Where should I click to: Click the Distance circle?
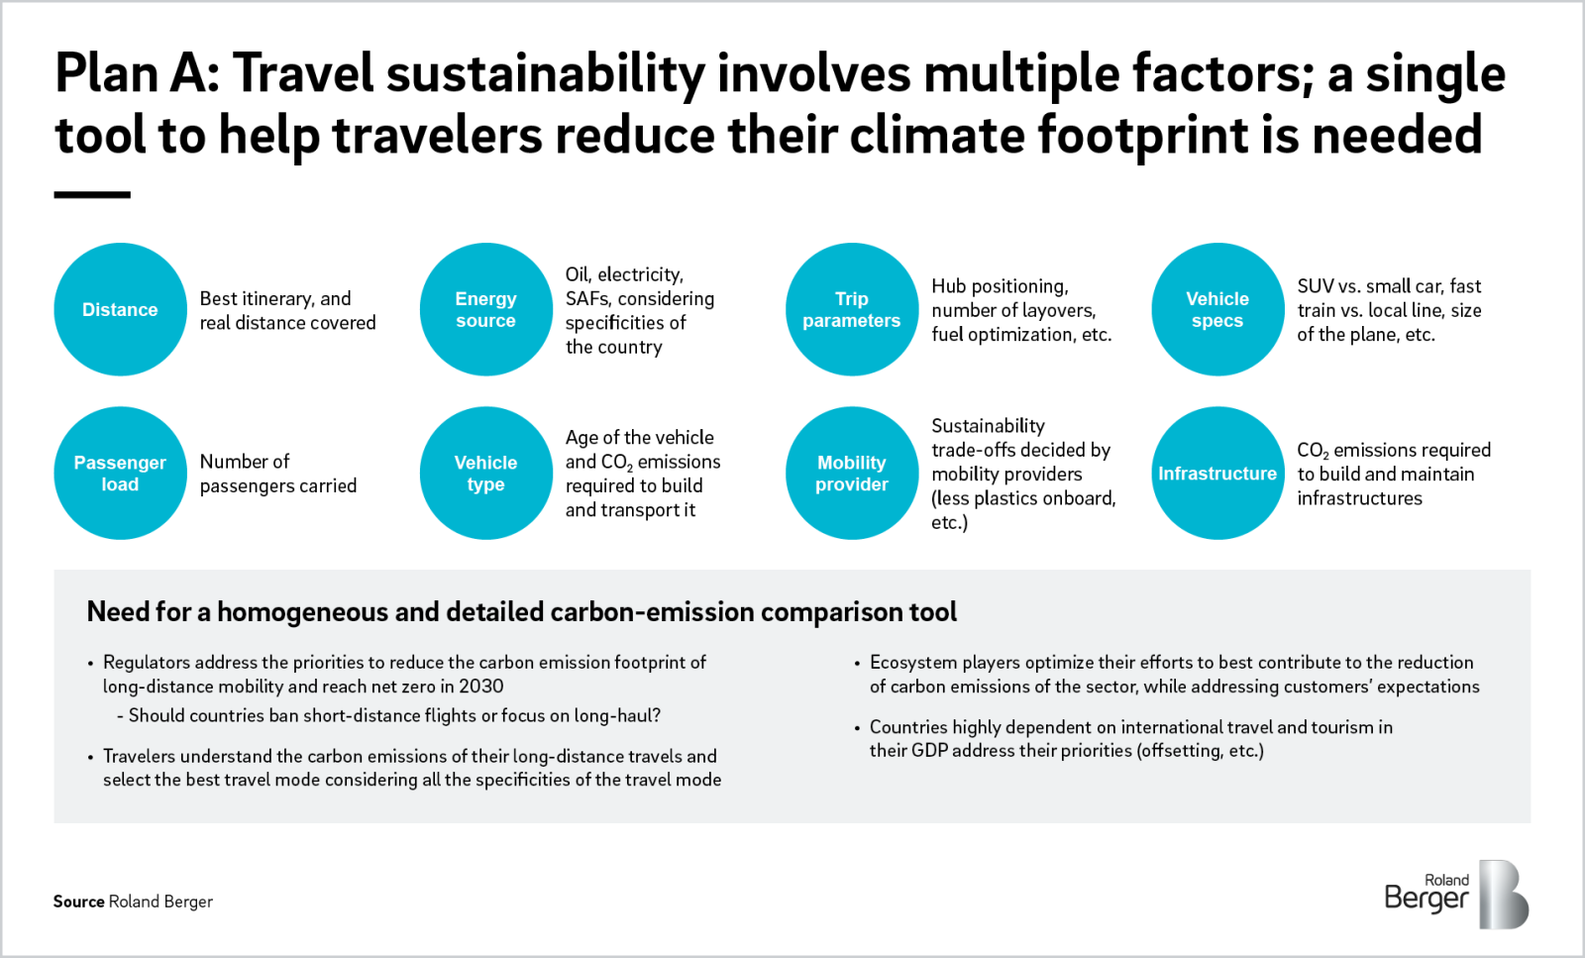(x=120, y=309)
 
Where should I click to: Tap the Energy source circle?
(x=485, y=309)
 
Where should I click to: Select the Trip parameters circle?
(x=851, y=309)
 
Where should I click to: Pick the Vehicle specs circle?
(x=1217, y=309)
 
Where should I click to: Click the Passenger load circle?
(x=120, y=473)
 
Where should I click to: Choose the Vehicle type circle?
(x=485, y=473)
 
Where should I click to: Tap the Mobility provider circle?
(x=851, y=473)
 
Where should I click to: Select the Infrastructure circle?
(x=1217, y=473)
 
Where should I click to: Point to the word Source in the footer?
(x=78, y=902)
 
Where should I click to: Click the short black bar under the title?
(x=92, y=195)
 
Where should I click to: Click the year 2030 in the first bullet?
(x=480, y=687)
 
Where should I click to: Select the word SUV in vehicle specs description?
(x=1315, y=286)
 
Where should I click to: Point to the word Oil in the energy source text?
(x=577, y=274)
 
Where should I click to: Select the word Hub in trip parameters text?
(x=948, y=286)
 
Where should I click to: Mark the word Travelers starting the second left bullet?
(x=139, y=757)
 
